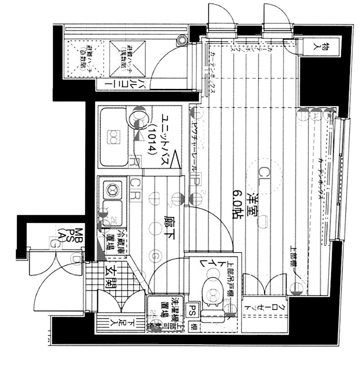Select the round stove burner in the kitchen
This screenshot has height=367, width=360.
tap(111, 188)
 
